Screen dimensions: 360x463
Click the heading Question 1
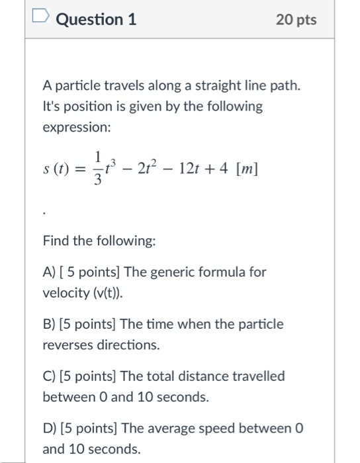click(x=97, y=19)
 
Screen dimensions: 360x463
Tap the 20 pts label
click(x=296, y=20)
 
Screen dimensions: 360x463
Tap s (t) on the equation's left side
click(x=56, y=169)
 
